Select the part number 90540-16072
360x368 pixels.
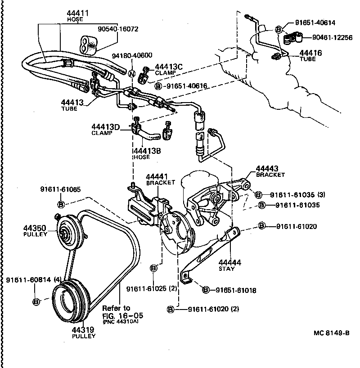[x=118, y=29]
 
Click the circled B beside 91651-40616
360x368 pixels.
[x=158, y=85]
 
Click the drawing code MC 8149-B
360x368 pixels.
[x=332, y=334]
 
